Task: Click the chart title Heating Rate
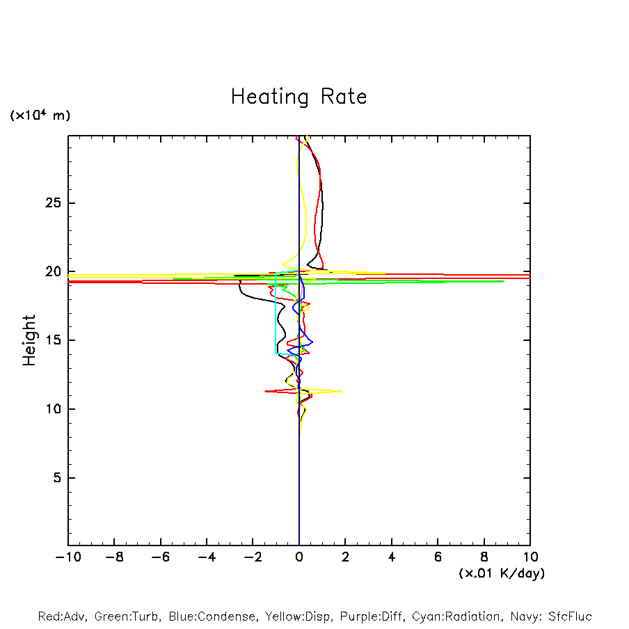[x=298, y=97]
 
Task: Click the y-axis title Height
[x=29, y=340]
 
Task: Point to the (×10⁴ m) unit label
[x=40, y=116]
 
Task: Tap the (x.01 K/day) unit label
[x=502, y=573]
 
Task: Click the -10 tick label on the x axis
[x=67, y=557]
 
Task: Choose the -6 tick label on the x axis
[x=160, y=557]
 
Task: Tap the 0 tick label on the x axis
[x=299, y=557]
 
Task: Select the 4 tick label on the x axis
[x=392, y=557]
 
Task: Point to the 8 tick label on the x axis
[x=484, y=557]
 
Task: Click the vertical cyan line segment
[x=276, y=313]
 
